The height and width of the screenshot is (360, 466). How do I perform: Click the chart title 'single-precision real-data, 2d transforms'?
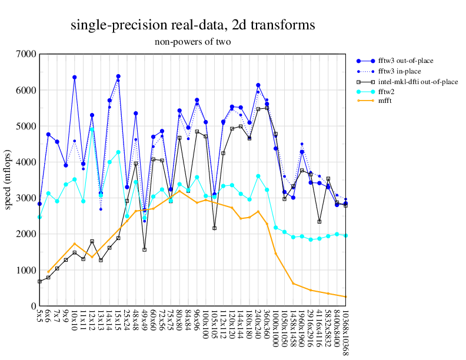click(192, 25)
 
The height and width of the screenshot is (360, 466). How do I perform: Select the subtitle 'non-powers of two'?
click(192, 42)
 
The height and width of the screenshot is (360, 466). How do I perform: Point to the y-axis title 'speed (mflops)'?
click(8, 180)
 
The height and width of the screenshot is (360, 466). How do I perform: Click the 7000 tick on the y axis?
click(26, 54)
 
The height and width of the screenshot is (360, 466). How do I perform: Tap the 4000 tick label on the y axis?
click(26, 162)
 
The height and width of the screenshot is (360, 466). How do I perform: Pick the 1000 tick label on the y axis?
click(26, 270)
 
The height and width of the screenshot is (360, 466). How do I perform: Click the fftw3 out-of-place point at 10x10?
click(75, 77)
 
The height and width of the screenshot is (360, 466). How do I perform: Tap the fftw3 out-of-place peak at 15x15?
click(118, 76)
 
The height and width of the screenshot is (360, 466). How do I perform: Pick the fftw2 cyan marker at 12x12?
click(92, 129)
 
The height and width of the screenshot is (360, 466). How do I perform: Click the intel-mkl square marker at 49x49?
click(145, 249)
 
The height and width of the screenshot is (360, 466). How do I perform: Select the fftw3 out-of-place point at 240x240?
click(258, 85)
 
